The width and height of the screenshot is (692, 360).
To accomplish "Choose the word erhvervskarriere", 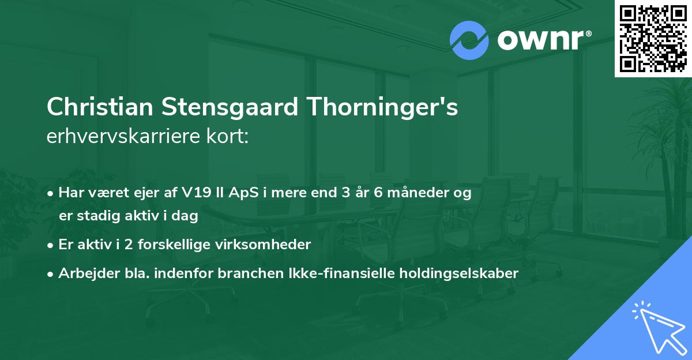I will coord(123,137).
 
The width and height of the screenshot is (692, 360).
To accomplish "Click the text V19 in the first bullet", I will coord(200,193).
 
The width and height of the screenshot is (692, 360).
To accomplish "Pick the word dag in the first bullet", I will coord(186,216).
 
